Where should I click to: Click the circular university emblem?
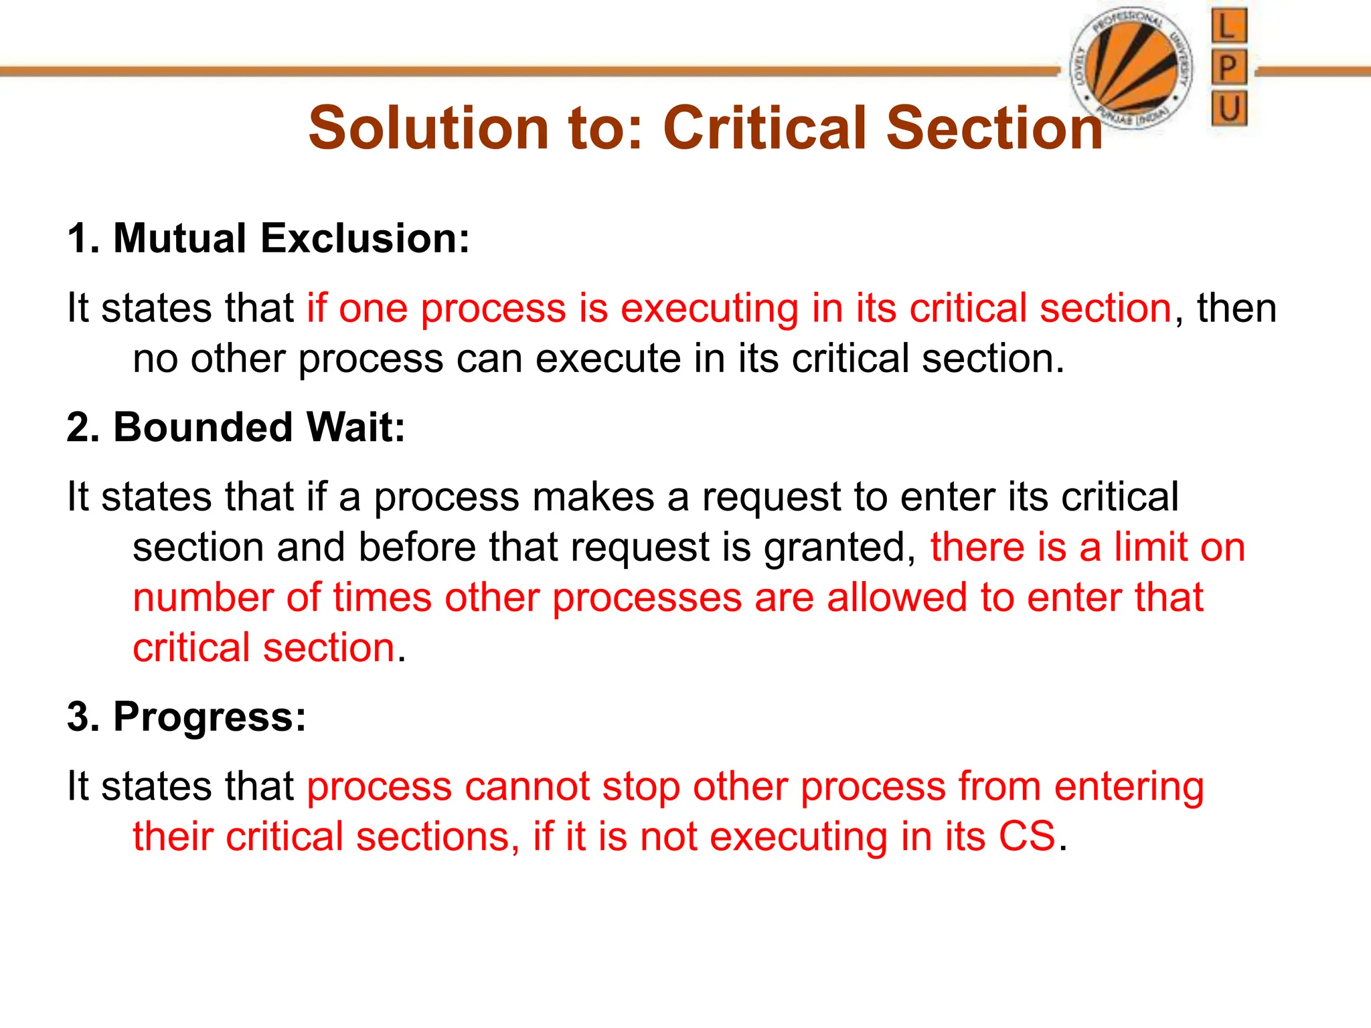(x=1131, y=69)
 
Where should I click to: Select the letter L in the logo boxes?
(x=1228, y=27)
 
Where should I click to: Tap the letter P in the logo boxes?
(x=1228, y=68)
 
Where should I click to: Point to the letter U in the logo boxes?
(x=1228, y=108)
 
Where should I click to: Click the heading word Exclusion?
(x=365, y=238)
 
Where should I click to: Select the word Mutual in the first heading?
(x=180, y=238)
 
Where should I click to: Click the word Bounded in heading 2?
(x=203, y=427)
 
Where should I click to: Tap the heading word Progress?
(x=210, y=717)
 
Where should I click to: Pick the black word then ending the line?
(x=1236, y=309)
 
